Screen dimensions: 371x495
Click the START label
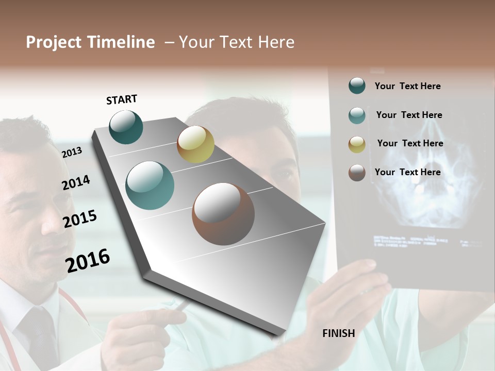click(x=122, y=99)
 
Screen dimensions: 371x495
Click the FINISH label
click(x=338, y=333)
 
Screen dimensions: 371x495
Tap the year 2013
click(x=72, y=152)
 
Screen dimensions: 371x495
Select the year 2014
click(x=76, y=182)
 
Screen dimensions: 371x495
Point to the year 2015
click(x=80, y=219)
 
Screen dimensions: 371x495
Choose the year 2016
click(x=88, y=261)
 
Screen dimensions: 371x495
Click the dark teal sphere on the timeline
click(x=126, y=127)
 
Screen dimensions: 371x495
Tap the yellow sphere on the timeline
click(x=195, y=144)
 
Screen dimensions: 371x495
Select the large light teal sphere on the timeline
click(x=150, y=185)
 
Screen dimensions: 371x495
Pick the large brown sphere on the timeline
click(x=223, y=214)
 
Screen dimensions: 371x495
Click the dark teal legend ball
click(x=357, y=86)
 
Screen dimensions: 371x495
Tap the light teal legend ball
click(x=357, y=115)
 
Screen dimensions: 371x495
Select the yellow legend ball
click(x=357, y=144)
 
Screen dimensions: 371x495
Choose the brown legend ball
click(x=357, y=173)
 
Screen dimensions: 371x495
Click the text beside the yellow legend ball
click(x=410, y=143)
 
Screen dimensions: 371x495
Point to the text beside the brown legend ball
click(x=407, y=172)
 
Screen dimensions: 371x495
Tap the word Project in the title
click(x=54, y=42)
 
